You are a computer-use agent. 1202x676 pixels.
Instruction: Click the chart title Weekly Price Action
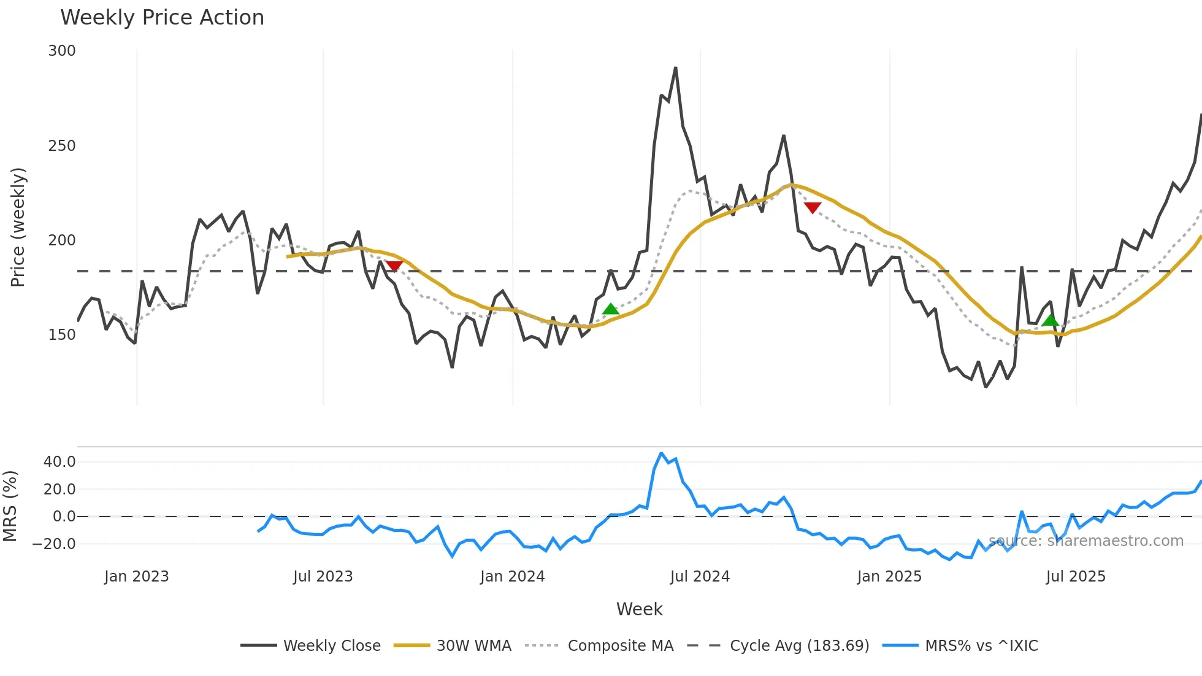[x=162, y=18]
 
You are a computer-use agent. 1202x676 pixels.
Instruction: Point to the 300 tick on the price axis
[x=62, y=51]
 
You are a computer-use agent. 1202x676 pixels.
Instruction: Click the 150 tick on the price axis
[x=62, y=335]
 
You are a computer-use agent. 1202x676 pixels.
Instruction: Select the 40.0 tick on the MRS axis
[x=59, y=462]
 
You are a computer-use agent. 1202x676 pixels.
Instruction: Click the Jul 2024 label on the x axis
[x=700, y=577]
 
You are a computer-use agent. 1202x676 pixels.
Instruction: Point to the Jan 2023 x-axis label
[x=136, y=577]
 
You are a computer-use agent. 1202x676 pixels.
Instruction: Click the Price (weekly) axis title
[x=18, y=227]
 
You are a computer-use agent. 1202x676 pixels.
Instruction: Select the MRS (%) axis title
[x=10, y=506]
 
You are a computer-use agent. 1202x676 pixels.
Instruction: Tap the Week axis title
[x=639, y=609]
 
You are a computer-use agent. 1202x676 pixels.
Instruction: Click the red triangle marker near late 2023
[x=394, y=266]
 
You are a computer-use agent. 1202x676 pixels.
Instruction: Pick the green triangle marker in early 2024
[x=610, y=309]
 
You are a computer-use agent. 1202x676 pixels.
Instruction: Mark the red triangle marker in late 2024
[x=813, y=208]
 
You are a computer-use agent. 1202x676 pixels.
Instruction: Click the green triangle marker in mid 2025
[x=1051, y=320]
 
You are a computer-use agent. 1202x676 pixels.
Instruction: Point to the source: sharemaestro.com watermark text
[x=1085, y=541]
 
